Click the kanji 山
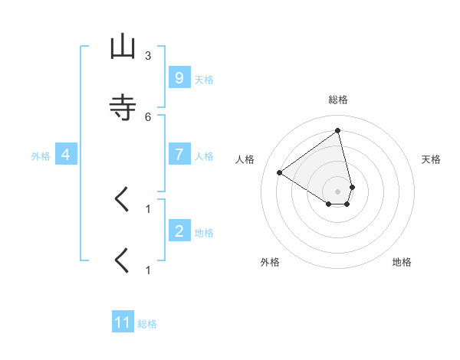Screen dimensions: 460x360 (122, 47)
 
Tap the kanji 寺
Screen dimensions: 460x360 (122, 107)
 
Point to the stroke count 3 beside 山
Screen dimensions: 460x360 (148, 56)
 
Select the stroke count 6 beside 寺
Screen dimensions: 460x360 (148, 116)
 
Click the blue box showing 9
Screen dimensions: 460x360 (179, 78)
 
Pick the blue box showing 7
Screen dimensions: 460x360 (179, 155)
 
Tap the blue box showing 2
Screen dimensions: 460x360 (179, 231)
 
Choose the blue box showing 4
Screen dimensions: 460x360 (65, 155)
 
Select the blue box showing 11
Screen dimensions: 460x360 (123, 322)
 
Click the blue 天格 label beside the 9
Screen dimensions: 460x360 (204, 80)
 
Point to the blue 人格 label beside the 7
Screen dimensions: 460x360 (204, 156)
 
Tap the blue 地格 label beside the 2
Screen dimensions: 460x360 (204, 232)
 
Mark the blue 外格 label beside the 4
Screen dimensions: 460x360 (41, 156)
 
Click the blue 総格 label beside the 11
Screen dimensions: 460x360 (147, 324)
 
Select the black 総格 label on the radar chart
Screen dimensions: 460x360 (338, 100)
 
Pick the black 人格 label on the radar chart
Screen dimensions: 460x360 (245, 159)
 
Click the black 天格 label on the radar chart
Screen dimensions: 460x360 (431, 159)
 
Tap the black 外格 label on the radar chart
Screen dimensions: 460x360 (270, 262)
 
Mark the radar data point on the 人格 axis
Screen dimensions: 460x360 (280, 173)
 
